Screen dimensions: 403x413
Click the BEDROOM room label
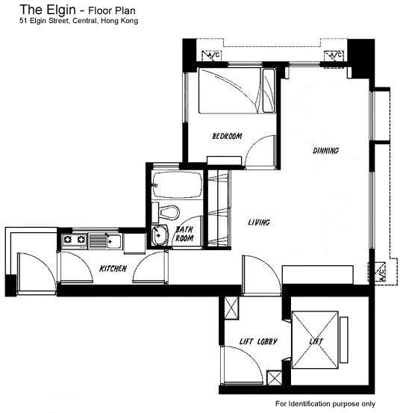[x=227, y=136]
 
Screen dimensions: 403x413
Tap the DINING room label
[x=325, y=151]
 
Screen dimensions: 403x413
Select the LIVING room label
[x=259, y=223]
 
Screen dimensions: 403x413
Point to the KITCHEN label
[x=113, y=268]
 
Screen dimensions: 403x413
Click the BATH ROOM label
[x=184, y=234]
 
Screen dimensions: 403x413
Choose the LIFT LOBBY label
[x=258, y=341]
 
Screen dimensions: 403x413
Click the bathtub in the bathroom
[x=178, y=184]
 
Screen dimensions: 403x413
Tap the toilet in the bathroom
[x=166, y=213]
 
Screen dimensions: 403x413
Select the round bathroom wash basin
[x=160, y=235]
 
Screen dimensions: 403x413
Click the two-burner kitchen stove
[x=75, y=240]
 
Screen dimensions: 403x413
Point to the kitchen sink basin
[x=114, y=241]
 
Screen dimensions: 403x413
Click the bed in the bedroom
[x=237, y=91]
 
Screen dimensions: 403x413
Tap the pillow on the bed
[x=269, y=90]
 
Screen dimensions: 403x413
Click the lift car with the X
[x=315, y=340]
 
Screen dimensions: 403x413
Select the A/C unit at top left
[x=211, y=55]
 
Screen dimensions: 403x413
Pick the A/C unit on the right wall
[x=380, y=273]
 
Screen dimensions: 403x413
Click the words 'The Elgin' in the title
[x=48, y=10]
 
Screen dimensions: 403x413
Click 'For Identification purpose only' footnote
[x=325, y=404]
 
